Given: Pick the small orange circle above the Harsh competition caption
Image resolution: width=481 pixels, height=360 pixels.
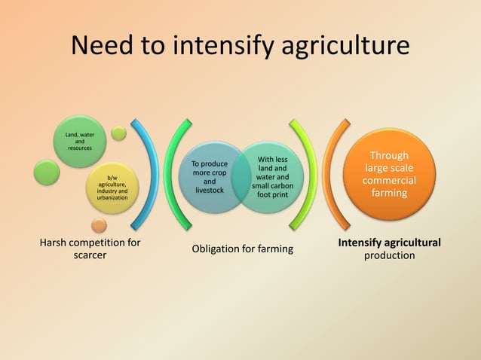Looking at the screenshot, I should coord(99,224).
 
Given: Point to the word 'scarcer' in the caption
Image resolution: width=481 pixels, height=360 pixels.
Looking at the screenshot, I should coord(89,255).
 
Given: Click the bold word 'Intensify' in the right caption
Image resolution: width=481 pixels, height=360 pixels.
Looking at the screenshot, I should coord(359,243).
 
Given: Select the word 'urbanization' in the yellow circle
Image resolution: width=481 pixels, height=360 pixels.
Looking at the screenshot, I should coord(112,197).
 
